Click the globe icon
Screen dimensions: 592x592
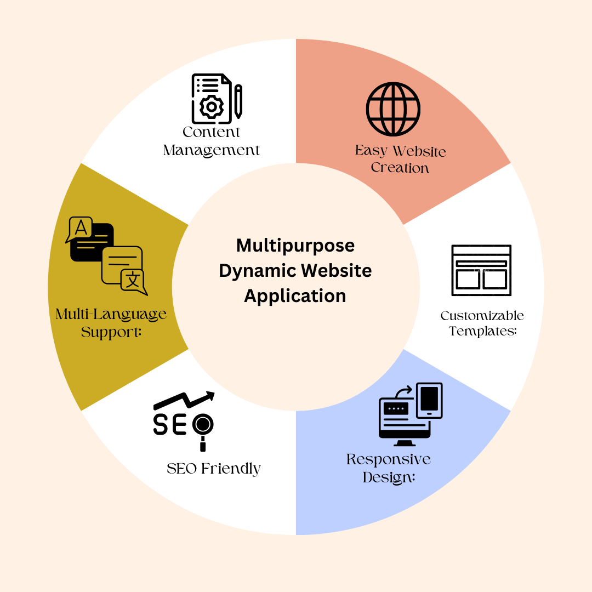393,109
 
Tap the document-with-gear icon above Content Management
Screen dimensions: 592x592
217,99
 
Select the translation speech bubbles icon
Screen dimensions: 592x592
106,255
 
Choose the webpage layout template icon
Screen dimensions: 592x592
481,270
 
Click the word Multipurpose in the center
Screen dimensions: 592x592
295,245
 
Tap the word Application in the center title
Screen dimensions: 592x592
295,296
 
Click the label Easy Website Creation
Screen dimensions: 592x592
400,159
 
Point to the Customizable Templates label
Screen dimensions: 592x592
482,323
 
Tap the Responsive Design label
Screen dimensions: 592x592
389,468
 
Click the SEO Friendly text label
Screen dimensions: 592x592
214,469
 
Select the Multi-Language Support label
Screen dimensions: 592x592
111,323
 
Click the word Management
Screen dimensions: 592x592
212,150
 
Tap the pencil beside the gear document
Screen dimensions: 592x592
238,101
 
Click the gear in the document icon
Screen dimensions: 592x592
211,107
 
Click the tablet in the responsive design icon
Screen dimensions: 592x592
429,399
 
